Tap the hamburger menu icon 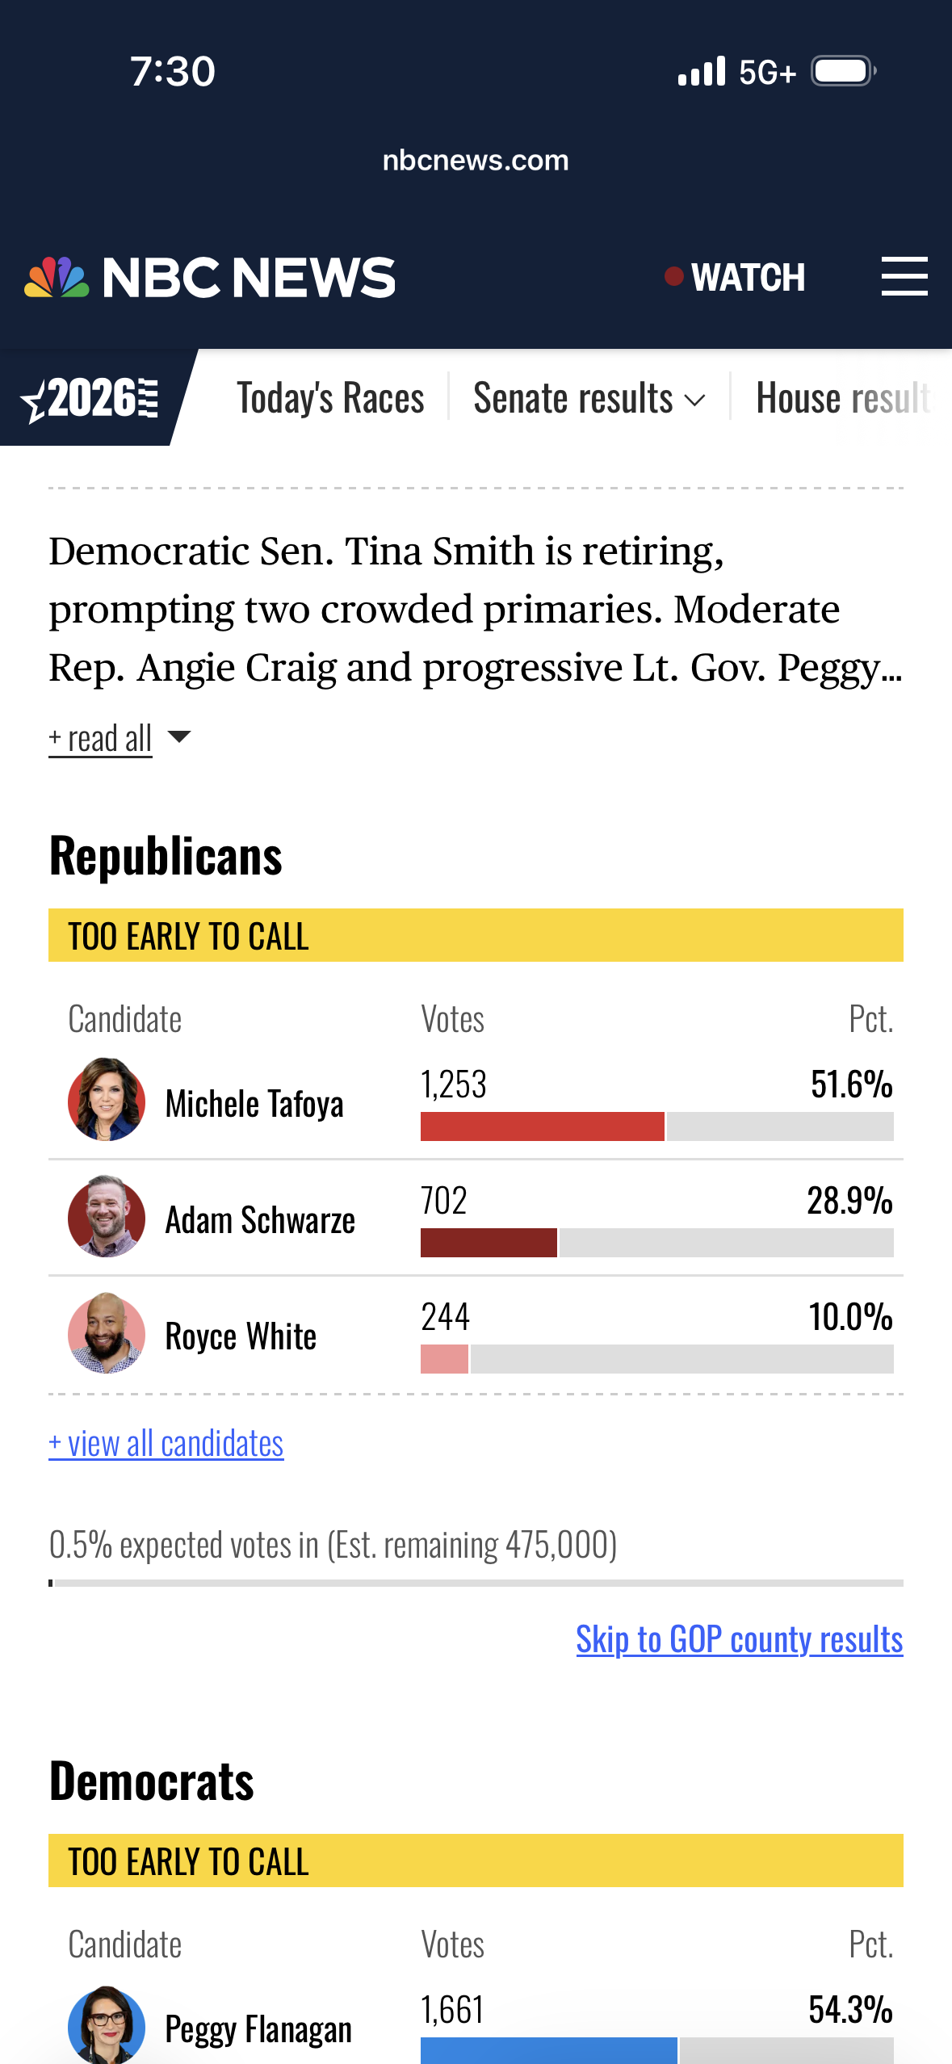pyautogui.click(x=904, y=277)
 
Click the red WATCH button pyautogui.click(x=735, y=278)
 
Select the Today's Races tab pyautogui.click(x=330, y=398)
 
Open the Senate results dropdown pyautogui.click(x=589, y=398)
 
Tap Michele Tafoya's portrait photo pyautogui.click(x=107, y=1099)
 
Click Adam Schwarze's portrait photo pyautogui.click(x=107, y=1216)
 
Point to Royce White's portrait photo pyautogui.click(x=107, y=1332)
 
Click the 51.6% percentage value pyautogui.click(x=852, y=1084)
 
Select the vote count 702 pyautogui.click(x=444, y=1201)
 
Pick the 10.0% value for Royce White pyautogui.click(x=851, y=1317)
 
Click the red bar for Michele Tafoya pyautogui.click(x=543, y=1126)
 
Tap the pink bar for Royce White pyautogui.click(x=444, y=1359)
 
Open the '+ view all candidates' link pyautogui.click(x=166, y=1443)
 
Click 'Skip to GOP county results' pyautogui.click(x=740, y=1639)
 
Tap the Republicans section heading pyautogui.click(x=166, y=856)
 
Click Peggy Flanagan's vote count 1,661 pyautogui.click(x=452, y=2010)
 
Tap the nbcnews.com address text pyautogui.click(x=476, y=160)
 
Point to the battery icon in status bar pyautogui.click(x=844, y=71)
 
